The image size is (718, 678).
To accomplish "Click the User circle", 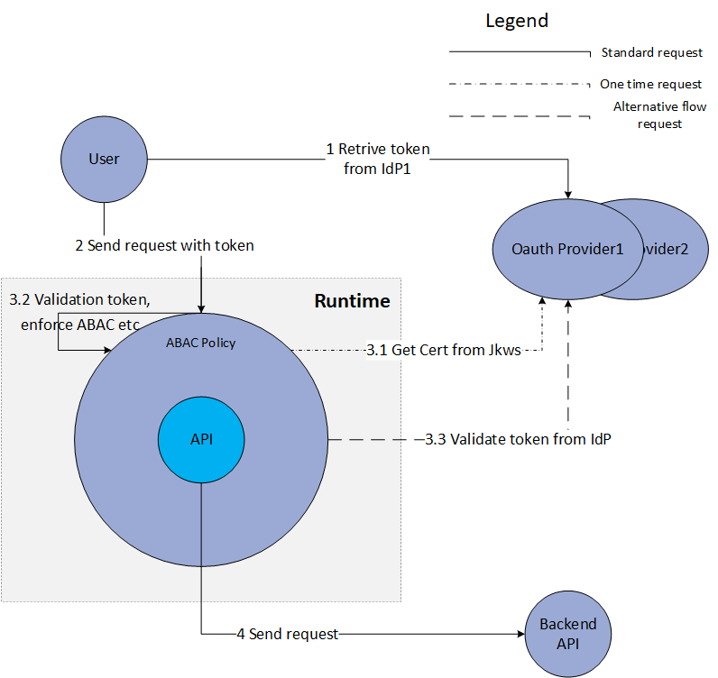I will coord(104,160).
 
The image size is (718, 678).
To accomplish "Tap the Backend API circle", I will coord(567,633).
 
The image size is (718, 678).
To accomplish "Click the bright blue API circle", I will coord(201,439).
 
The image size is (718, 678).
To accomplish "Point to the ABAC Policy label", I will coord(201,343).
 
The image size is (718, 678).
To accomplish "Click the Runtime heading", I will coord(352,301).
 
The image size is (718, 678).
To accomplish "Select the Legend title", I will coord(517,21).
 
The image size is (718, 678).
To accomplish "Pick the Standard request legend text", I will coord(651,53).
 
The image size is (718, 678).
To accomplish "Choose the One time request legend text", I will coord(650,84).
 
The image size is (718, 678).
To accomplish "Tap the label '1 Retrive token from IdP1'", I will coord(378,159).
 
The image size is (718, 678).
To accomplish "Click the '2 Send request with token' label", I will coord(164,245).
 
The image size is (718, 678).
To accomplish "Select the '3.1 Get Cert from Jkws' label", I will coord(444,350).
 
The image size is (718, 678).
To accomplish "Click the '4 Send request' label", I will coord(287,634).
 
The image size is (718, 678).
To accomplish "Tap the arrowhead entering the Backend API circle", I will coord(520,634).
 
